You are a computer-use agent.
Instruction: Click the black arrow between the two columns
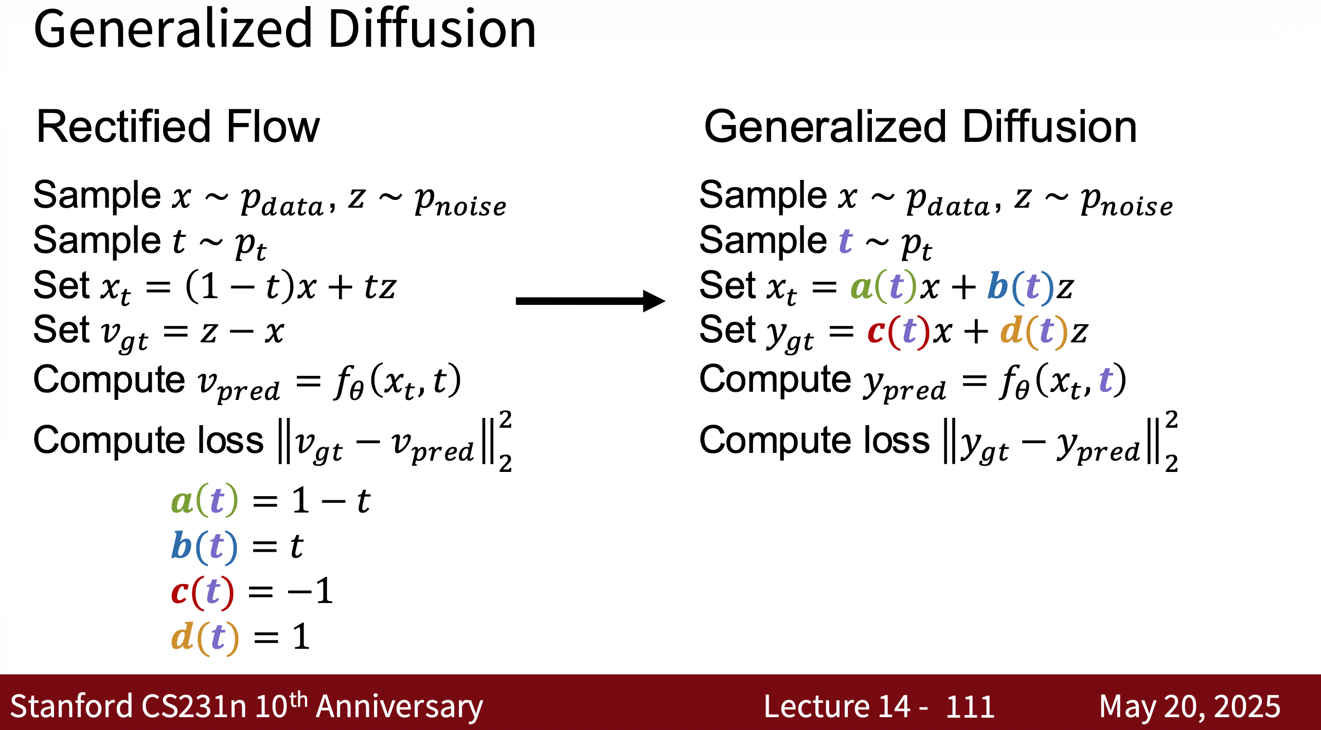tap(591, 301)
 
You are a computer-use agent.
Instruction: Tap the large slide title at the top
tap(284, 29)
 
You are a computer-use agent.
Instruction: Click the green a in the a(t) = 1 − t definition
tap(182, 501)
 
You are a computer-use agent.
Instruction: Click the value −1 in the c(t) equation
tap(310, 591)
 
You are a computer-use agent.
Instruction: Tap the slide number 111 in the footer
tap(970, 706)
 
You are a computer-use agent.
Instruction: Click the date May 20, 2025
tap(1189, 706)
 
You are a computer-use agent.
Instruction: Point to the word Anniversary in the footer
tap(400, 707)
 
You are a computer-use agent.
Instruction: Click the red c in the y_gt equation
tap(876, 332)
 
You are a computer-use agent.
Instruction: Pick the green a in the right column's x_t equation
tap(862, 287)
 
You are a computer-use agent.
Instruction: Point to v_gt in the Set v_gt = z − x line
tap(125, 336)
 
